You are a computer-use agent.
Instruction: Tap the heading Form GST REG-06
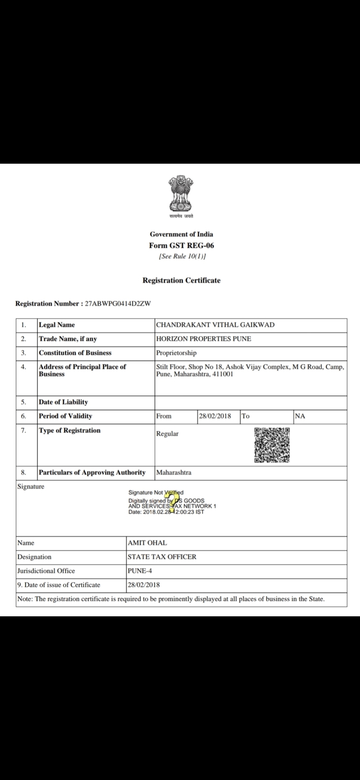tap(181, 246)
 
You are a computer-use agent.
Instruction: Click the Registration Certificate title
tap(181, 280)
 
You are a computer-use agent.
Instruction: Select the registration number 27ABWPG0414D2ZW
tap(118, 304)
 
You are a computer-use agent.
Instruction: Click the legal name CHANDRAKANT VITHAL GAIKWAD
tap(215, 325)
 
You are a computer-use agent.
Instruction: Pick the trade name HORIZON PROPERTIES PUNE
tap(204, 339)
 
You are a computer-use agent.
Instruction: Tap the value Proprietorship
tap(176, 353)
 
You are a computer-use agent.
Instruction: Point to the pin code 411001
tap(223, 374)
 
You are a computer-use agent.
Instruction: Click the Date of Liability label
tap(63, 402)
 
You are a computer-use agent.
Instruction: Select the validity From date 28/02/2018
tap(215, 416)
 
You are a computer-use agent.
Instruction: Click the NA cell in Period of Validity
tap(300, 416)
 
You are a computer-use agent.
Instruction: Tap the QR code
tap(272, 445)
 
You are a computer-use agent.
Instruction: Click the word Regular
tap(167, 434)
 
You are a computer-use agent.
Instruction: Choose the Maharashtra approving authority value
tap(174, 473)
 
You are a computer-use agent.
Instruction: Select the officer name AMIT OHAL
tap(147, 543)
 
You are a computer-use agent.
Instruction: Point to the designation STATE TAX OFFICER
tap(162, 557)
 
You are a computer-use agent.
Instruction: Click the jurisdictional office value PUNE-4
tap(140, 571)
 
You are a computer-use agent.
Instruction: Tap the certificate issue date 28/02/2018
tap(144, 585)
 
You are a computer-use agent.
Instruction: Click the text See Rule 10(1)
tap(182, 256)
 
